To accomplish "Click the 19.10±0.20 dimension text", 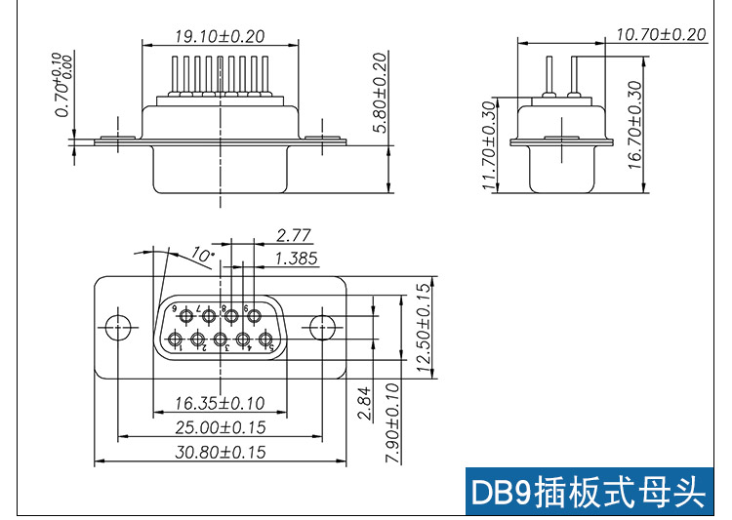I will [220, 36].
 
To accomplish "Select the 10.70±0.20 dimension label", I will [661, 34].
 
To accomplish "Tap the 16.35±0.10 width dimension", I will [220, 402].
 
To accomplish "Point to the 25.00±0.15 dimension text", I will [220, 427].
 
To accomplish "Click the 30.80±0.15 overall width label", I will [220, 453].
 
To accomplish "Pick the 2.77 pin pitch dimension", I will [293, 235].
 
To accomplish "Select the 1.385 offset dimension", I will [297, 259].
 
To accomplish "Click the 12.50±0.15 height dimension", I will [423, 328].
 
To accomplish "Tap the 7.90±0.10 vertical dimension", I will [392, 423].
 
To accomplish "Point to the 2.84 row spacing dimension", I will [364, 403].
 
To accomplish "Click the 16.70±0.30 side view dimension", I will [635, 125].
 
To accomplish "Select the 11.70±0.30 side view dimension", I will [489, 146].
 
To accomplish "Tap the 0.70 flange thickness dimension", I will [64, 84].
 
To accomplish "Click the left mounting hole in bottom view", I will [118, 327].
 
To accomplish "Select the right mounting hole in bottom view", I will [321, 327].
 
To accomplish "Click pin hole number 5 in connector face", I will [264, 340].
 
